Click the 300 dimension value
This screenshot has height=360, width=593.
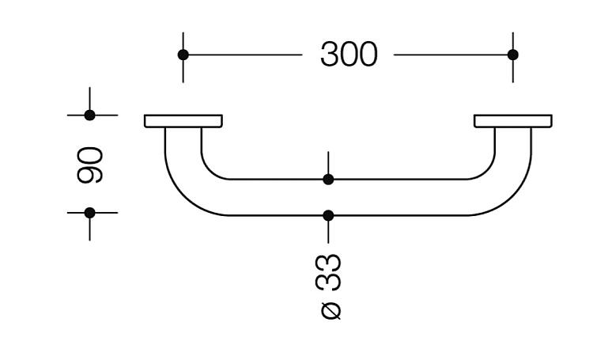click(x=349, y=55)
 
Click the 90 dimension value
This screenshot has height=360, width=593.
click(x=89, y=165)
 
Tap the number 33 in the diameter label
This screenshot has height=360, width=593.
click(x=328, y=272)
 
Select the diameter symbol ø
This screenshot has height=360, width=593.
click(x=330, y=310)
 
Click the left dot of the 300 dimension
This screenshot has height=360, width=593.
click(x=183, y=55)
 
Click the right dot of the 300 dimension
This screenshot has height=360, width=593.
click(x=513, y=55)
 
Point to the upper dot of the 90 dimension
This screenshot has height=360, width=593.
click(x=89, y=115)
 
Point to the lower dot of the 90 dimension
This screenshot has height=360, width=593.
click(x=89, y=213)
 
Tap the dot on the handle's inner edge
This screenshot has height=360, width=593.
click(x=328, y=180)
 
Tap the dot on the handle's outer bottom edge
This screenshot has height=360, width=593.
click(x=328, y=215)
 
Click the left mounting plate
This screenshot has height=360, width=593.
click(x=183, y=121)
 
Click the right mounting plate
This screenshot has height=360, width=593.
click(x=513, y=121)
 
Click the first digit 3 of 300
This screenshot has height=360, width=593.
click(x=329, y=55)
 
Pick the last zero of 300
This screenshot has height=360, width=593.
click(x=368, y=55)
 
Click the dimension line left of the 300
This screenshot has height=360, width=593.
click(x=243, y=55)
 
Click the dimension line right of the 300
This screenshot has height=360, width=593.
click(x=453, y=55)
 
